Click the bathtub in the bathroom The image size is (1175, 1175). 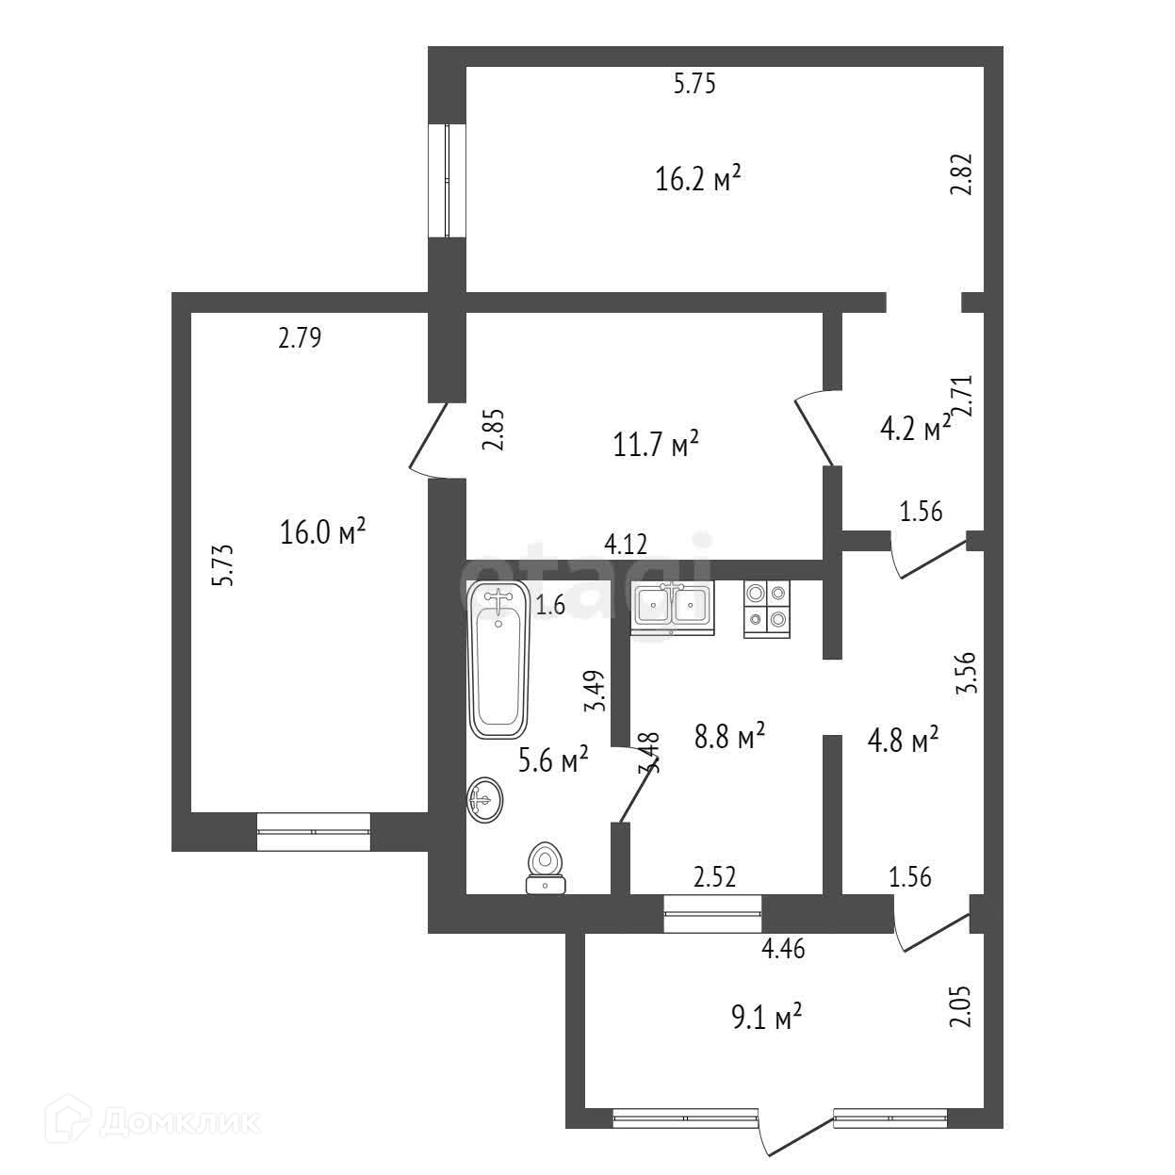click(x=498, y=660)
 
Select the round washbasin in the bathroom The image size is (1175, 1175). click(x=484, y=801)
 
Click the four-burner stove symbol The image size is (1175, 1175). click(x=766, y=608)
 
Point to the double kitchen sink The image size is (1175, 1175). click(x=672, y=605)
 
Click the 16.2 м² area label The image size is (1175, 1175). click(x=696, y=178)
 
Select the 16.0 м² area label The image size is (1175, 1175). click(x=323, y=532)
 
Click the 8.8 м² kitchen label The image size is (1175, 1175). click(x=728, y=738)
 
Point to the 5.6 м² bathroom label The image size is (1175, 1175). click(x=554, y=759)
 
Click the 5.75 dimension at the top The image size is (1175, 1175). click(x=694, y=85)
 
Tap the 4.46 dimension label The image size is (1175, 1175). click(x=783, y=949)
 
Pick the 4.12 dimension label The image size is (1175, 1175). click(x=626, y=545)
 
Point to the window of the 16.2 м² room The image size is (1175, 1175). click(x=448, y=180)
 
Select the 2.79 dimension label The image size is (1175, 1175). click(x=300, y=338)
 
